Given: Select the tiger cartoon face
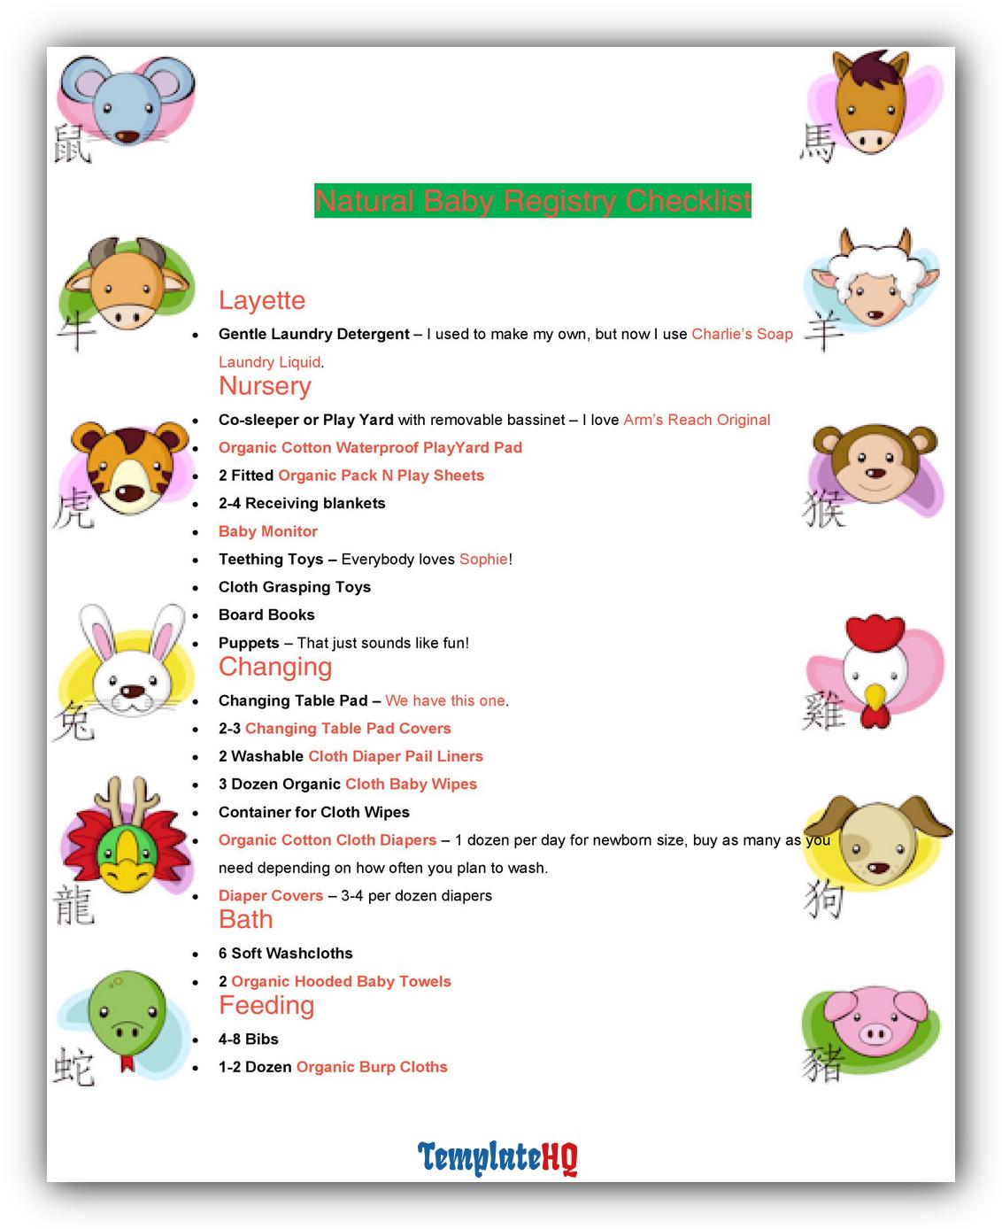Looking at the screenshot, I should (x=129, y=469).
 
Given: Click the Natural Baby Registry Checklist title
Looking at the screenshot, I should (x=532, y=201).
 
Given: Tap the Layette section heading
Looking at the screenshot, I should (x=262, y=300).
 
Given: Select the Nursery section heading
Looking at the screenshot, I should (x=265, y=386).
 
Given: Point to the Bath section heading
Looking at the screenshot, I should (x=246, y=919).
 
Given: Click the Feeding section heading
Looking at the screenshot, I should (x=266, y=1005).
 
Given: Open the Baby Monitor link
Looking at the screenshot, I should (x=267, y=531).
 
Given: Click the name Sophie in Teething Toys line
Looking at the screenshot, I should (x=483, y=560).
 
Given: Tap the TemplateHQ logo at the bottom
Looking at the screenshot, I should (x=497, y=1157).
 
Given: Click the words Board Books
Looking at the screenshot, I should (x=266, y=614).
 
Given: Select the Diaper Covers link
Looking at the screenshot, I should (x=271, y=895).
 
